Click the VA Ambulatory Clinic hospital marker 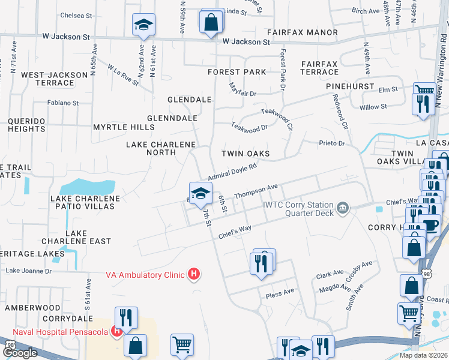pyautogui.click(x=194, y=275)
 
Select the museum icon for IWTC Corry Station pyautogui.click(x=342, y=208)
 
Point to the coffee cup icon pyautogui.click(x=431, y=226)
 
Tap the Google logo pyautogui.click(x=19, y=353)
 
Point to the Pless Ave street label pyautogui.click(x=280, y=292)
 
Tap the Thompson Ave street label pyautogui.click(x=257, y=191)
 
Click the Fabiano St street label pyautogui.click(x=63, y=103)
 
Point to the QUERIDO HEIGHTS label pyautogui.click(x=26, y=125)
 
